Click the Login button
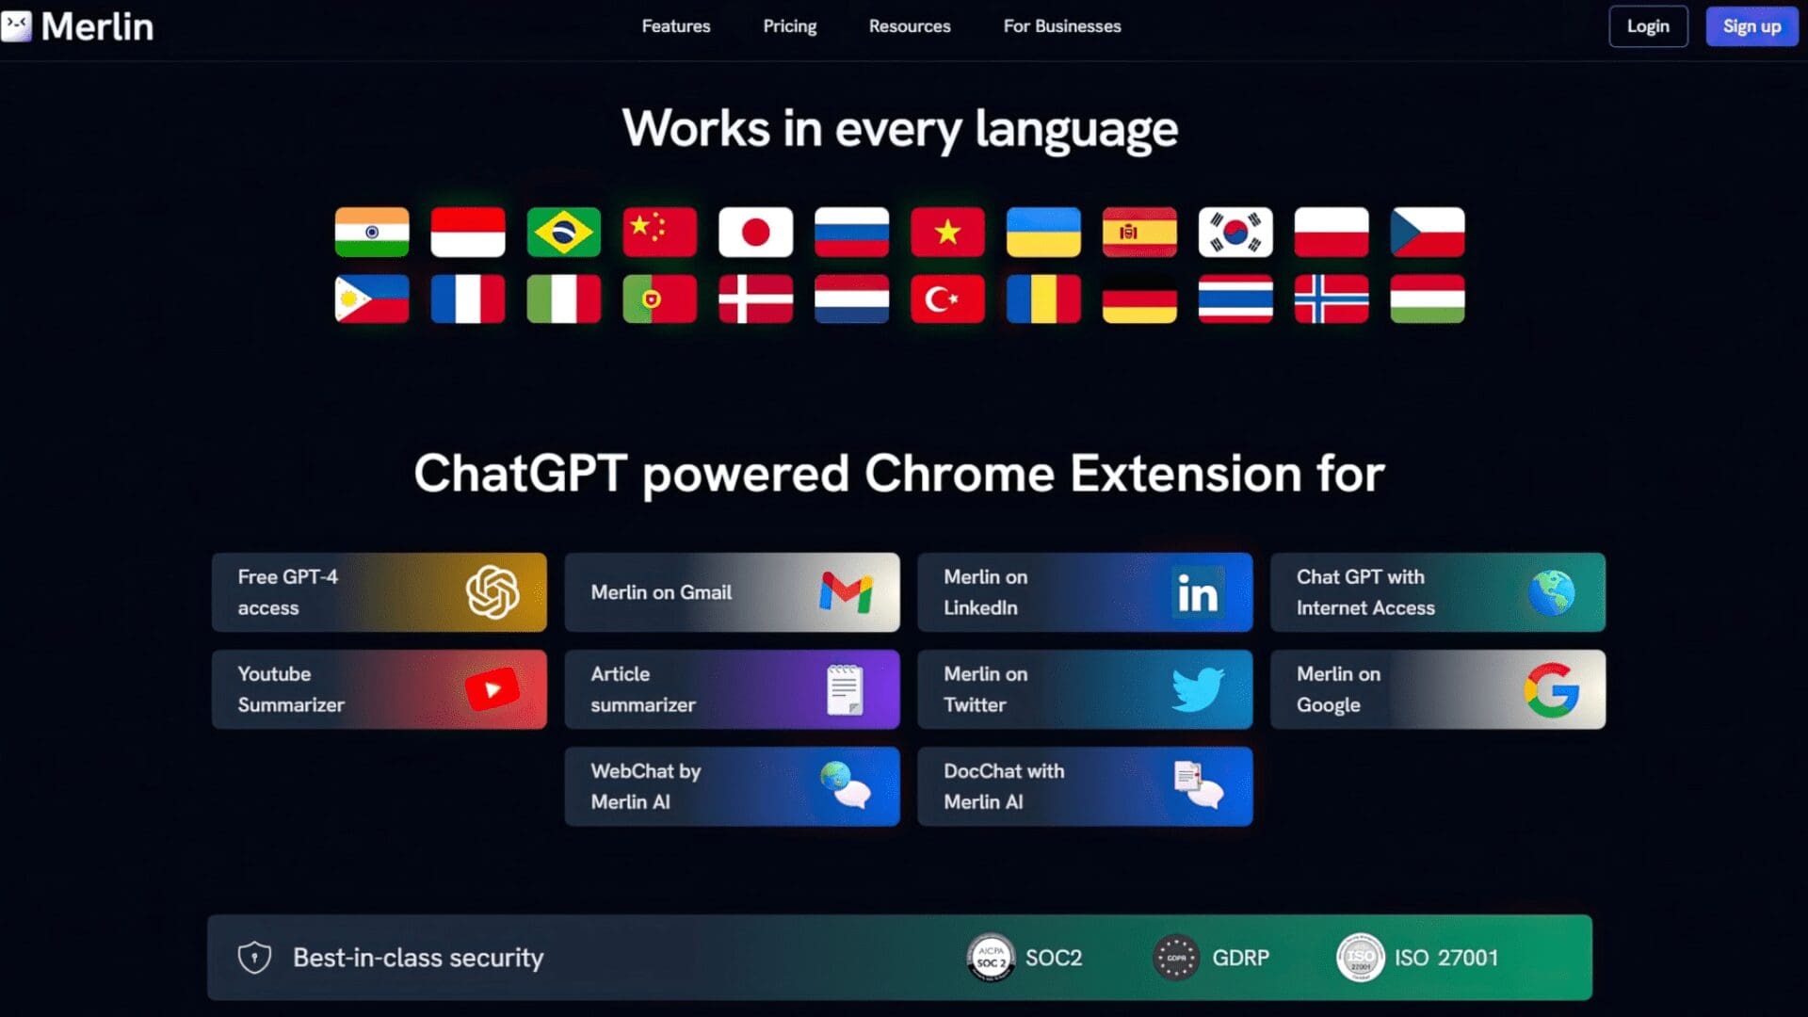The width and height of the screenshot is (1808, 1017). (1648, 26)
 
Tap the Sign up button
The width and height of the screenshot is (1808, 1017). (1751, 26)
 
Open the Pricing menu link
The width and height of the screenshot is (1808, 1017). (790, 26)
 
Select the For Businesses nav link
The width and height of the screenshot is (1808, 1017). (1062, 26)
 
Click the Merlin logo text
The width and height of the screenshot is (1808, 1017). (97, 26)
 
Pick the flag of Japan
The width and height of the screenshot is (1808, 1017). (755, 232)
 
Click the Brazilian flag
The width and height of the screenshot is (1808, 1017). (563, 232)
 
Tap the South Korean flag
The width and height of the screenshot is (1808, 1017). (1235, 232)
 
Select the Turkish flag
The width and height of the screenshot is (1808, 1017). (947, 299)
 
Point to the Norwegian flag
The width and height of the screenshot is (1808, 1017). (1332, 299)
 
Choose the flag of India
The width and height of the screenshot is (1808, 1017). (372, 232)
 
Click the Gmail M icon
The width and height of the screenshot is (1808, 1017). (846, 592)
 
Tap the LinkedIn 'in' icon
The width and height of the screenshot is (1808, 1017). (1198, 592)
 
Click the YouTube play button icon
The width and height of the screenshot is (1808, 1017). (492, 690)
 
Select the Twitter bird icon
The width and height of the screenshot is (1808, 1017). (1198, 689)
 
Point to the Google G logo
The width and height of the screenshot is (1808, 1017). (1552, 690)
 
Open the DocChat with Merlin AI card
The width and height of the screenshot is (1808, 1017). (1085, 786)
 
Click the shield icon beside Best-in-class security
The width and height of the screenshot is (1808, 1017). (254, 958)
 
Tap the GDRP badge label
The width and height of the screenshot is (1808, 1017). (1240, 958)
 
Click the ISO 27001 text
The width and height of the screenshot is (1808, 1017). (1446, 958)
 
